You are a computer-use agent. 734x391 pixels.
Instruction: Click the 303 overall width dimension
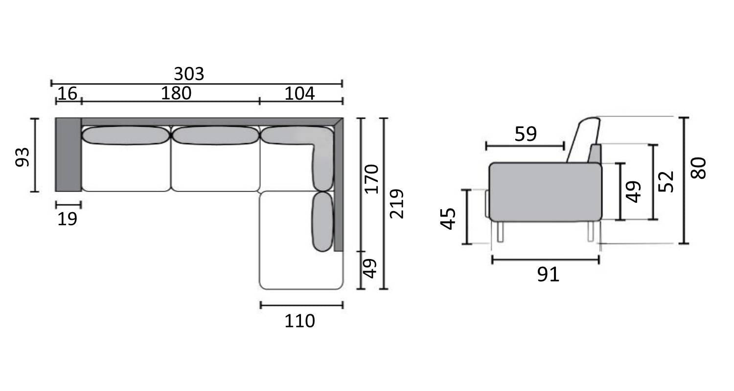pos(189,74)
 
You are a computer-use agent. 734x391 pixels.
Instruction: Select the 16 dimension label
pos(67,93)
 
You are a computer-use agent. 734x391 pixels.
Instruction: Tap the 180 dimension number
pos(176,93)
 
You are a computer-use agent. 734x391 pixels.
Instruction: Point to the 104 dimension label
pos(299,93)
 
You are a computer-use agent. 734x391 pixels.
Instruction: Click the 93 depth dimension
pos(23,157)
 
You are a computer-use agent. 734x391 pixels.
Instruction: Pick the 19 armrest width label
pos(67,219)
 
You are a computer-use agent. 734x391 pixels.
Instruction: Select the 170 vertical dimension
pos(371,179)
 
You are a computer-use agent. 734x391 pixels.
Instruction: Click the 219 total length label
pos(396,203)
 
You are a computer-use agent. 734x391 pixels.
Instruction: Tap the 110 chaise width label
pos(299,321)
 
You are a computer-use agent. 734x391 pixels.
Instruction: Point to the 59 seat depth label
pos(526,134)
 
